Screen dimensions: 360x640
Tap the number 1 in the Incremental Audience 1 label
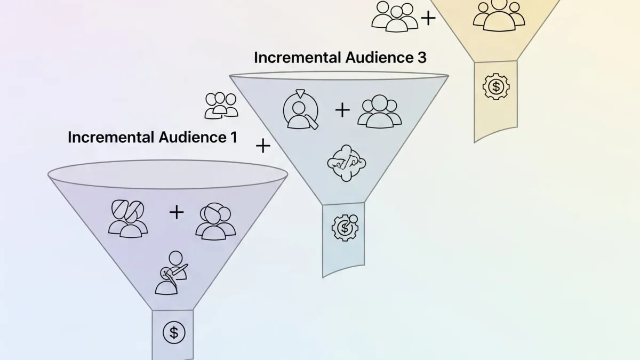coord(233,137)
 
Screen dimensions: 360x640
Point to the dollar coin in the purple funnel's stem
coord(173,332)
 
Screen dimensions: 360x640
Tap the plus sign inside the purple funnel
coord(177,212)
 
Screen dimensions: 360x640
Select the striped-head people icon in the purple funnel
coord(128,218)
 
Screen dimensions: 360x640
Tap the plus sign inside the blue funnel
coord(342,110)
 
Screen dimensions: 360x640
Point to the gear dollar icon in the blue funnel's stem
coord(345,228)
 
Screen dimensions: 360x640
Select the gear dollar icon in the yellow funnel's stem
coord(496,86)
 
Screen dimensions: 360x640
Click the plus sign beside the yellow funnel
coord(428,19)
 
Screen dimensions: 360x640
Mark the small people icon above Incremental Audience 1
coord(221,105)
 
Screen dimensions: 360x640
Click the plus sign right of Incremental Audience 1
coord(263,146)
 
